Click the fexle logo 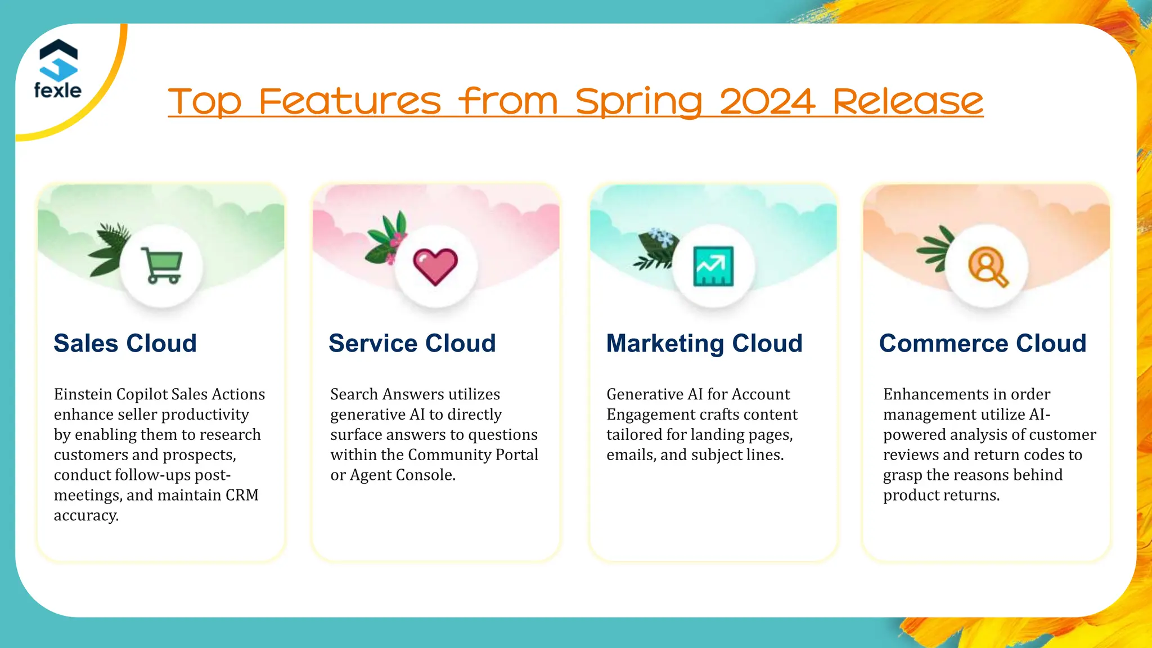click(58, 69)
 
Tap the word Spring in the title click(639, 102)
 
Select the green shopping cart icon click(161, 265)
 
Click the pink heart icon click(435, 266)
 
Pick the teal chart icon click(713, 266)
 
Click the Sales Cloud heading click(125, 343)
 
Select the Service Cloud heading click(412, 343)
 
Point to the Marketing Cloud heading click(704, 343)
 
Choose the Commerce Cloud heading click(983, 343)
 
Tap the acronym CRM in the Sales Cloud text click(242, 495)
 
